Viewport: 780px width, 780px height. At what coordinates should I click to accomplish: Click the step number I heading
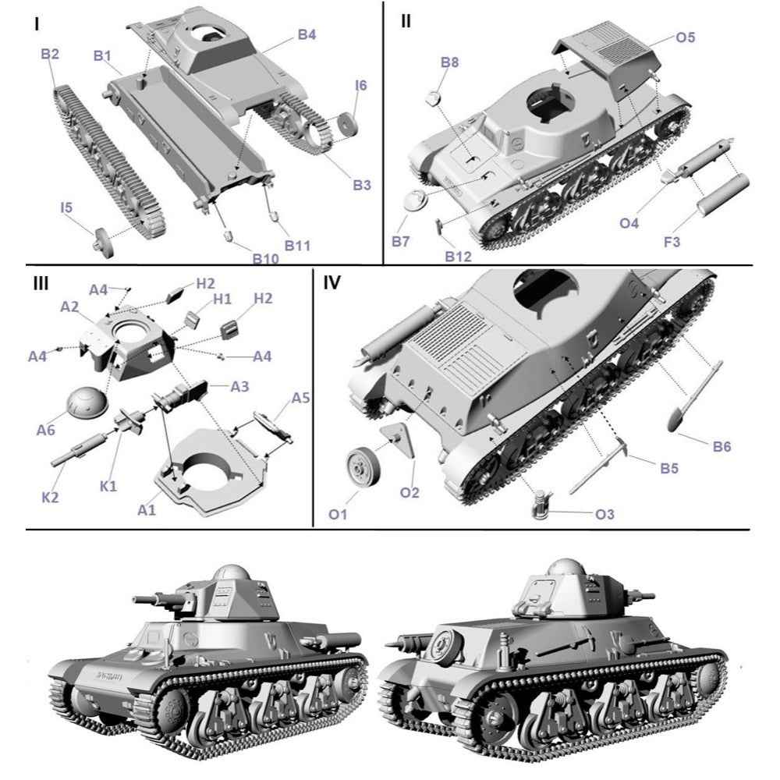[37, 23]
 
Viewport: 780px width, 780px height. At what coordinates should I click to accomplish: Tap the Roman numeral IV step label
[331, 282]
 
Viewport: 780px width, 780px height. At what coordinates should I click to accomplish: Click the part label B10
[265, 259]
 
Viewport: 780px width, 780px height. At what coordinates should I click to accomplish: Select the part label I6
[360, 85]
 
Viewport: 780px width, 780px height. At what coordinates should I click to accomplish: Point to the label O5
[685, 37]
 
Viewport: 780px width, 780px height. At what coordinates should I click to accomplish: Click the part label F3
[672, 242]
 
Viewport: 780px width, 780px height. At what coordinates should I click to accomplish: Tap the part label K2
[50, 497]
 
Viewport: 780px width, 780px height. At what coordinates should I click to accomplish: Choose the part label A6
[46, 430]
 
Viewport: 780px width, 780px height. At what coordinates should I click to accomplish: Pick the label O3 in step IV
[604, 514]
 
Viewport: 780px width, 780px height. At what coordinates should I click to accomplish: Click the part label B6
[721, 446]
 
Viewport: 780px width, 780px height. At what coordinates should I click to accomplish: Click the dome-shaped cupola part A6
[87, 402]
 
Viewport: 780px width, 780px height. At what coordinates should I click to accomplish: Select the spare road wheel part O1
[363, 467]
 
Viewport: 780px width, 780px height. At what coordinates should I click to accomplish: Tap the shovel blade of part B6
[679, 417]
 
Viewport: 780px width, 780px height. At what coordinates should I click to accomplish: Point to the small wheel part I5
[104, 243]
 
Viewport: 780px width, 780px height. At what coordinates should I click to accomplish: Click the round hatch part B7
[416, 200]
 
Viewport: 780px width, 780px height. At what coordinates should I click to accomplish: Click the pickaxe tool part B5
[597, 466]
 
